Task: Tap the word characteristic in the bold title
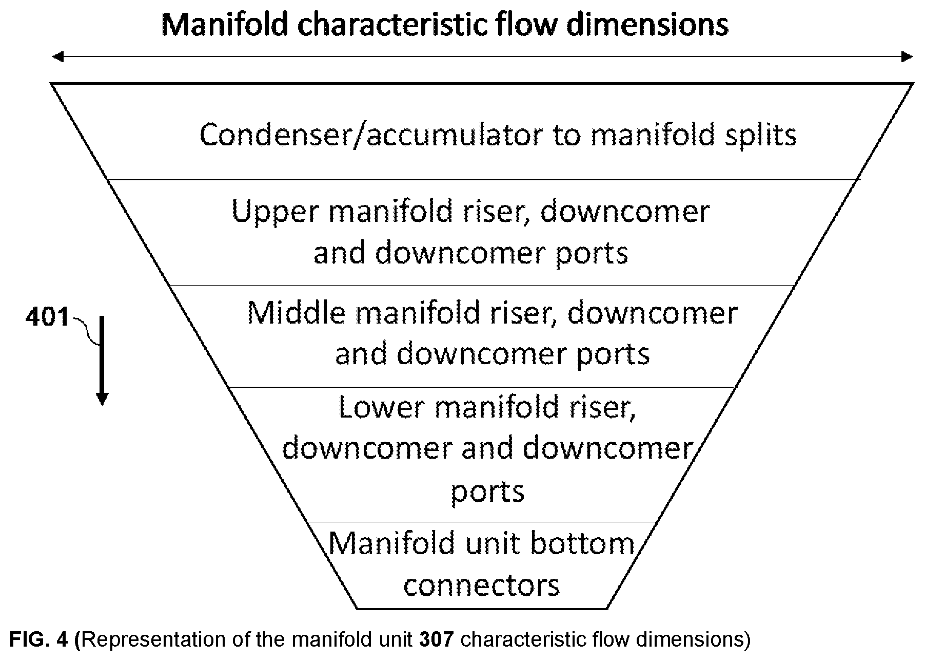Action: (x=392, y=25)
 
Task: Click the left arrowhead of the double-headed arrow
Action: (x=57, y=56)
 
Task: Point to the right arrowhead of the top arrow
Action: (x=907, y=56)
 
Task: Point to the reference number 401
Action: (x=47, y=317)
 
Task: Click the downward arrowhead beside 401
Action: (x=102, y=399)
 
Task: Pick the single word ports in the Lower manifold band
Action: (x=487, y=492)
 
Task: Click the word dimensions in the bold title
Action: (x=647, y=25)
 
